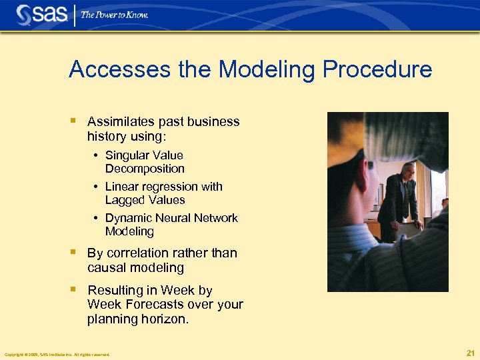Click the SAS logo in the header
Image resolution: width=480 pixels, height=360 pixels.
coord(42,15)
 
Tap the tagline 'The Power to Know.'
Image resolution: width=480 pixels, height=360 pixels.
coord(115,15)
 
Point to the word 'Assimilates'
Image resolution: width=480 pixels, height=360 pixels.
coord(121,121)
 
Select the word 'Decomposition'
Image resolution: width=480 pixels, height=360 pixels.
coord(145,169)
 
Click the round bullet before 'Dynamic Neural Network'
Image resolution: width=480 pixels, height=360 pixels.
coord(97,219)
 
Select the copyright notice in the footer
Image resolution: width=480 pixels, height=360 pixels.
coord(57,354)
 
